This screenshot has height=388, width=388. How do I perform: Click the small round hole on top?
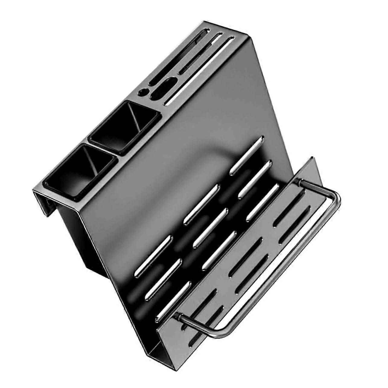coord(142,92)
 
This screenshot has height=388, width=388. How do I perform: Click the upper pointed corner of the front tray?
coord(314,159)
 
